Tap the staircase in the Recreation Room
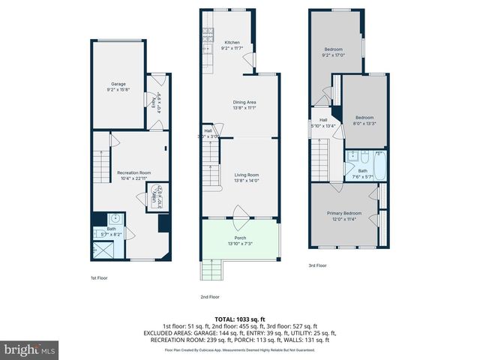point(100,162)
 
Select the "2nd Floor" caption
point(211,295)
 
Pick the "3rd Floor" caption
point(317,265)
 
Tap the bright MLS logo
point(30,349)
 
